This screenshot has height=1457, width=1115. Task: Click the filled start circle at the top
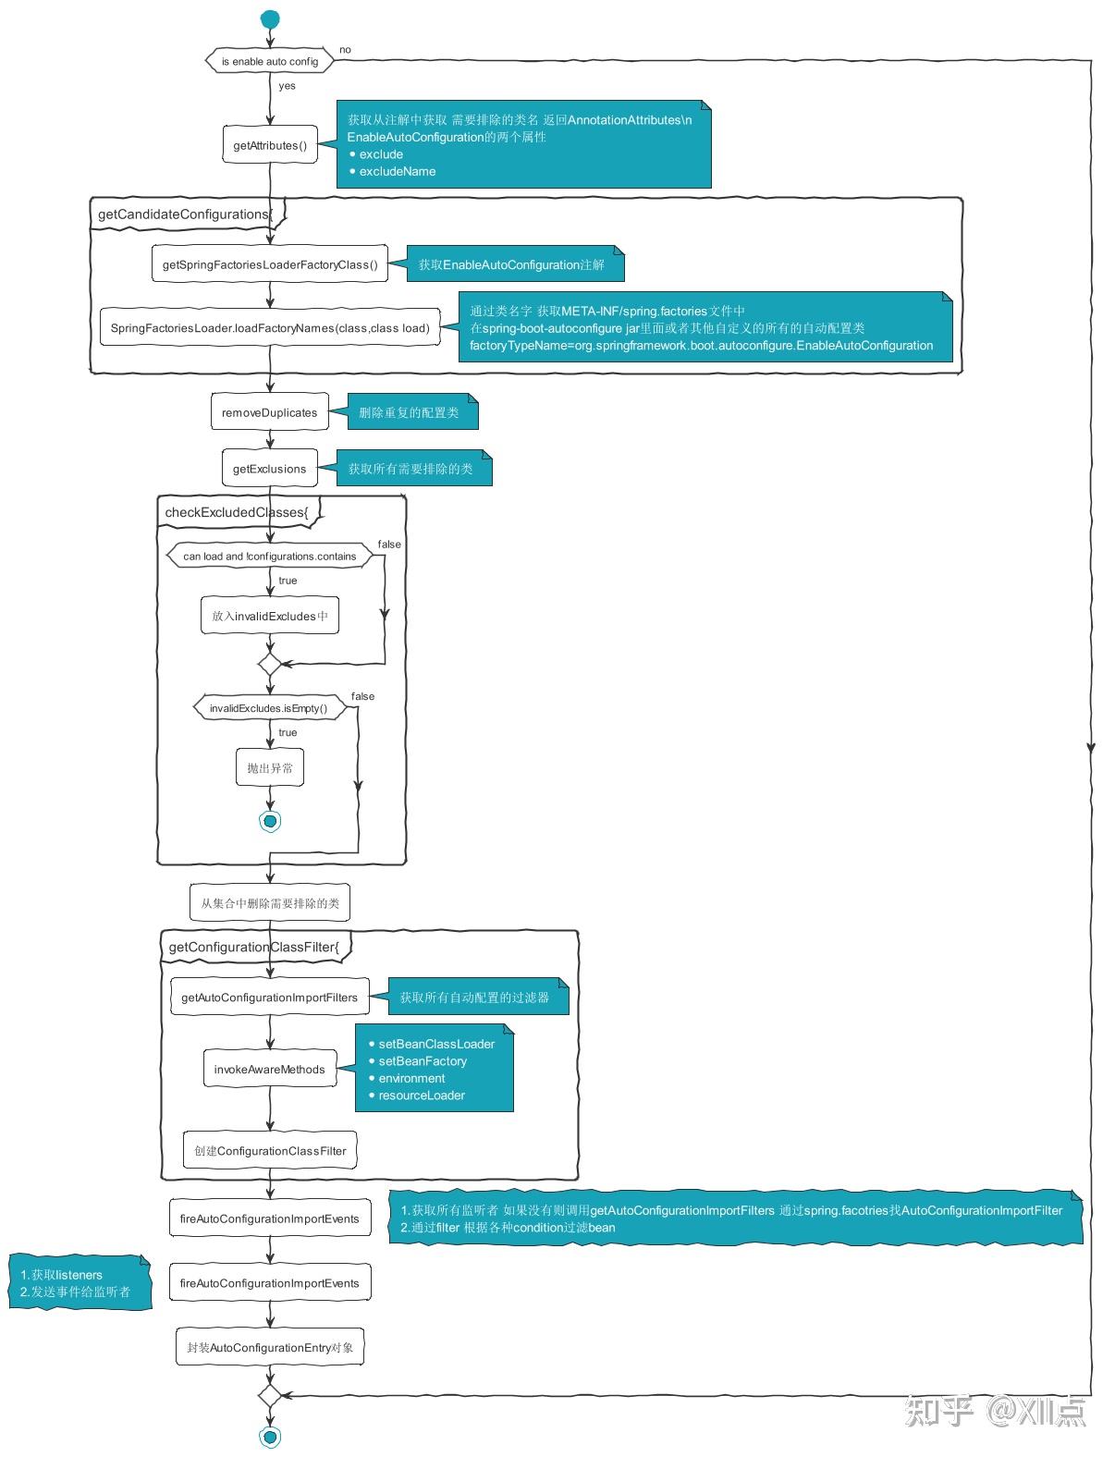click(x=270, y=19)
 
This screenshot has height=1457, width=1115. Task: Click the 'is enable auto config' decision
click(x=269, y=61)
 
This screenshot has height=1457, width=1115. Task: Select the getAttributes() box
click(x=270, y=145)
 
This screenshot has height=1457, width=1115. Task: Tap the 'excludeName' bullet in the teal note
click(x=397, y=171)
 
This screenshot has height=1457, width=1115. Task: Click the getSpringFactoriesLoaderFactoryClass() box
click(x=270, y=264)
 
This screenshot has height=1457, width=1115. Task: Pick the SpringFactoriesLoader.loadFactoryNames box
click(x=270, y=328)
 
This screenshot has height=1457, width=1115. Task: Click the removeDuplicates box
click(x=269, y=412)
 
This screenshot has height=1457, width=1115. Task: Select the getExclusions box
click(x=269, y=469)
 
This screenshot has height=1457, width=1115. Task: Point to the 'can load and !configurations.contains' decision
click(x=269, y=557)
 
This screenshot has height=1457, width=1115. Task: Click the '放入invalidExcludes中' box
click(x=270, y=616)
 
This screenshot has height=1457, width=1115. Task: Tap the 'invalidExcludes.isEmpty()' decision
click(x=268, y=708)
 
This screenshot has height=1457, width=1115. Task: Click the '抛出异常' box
click(x=270, y=768)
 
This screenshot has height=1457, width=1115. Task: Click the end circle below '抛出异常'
click(x=270, y=821)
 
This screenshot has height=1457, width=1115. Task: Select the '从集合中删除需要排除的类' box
click(x=270, y=903)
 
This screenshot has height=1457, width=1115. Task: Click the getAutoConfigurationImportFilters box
click(x=269, y=998)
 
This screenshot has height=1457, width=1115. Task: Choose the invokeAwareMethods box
click(x=269, y=1070)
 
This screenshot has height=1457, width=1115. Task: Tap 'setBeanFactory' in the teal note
click(x=422, y=1061)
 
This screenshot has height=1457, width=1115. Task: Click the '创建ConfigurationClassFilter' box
click(x=270, y=1151)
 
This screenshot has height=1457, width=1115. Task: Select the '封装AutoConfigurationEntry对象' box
click(x=270, y=1348)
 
